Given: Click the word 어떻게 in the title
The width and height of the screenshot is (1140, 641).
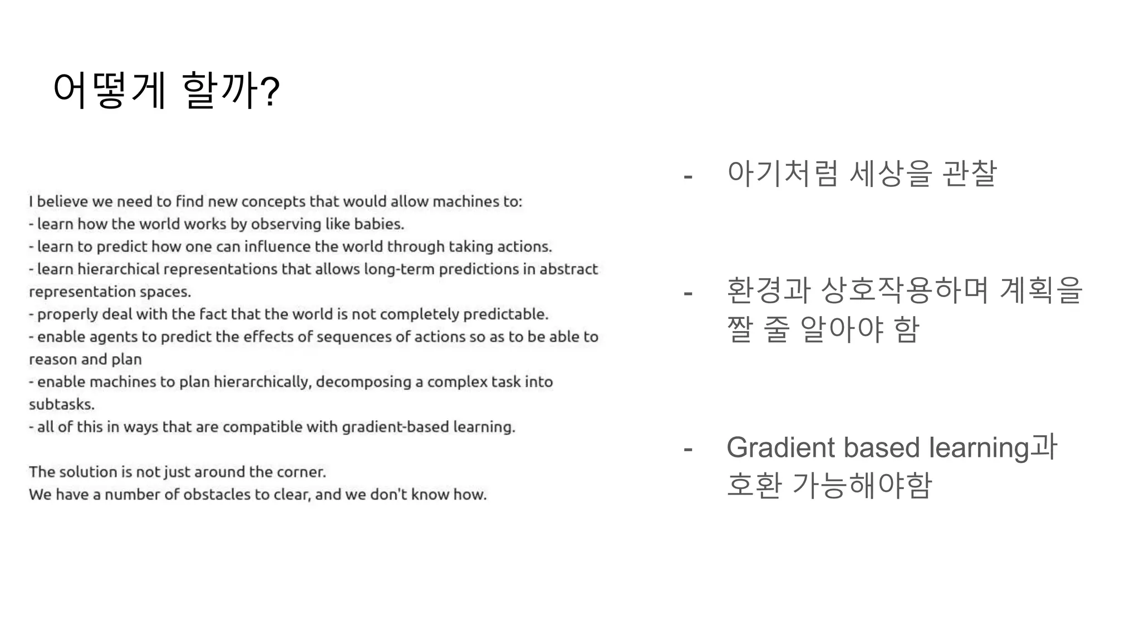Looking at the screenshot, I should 109,90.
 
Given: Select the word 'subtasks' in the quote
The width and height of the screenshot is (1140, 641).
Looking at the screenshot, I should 61,405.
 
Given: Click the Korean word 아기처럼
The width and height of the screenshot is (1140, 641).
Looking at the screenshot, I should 782,174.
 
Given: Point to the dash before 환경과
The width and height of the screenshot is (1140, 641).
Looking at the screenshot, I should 689,293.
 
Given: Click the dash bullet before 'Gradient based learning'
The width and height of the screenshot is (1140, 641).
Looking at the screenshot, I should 689,448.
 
